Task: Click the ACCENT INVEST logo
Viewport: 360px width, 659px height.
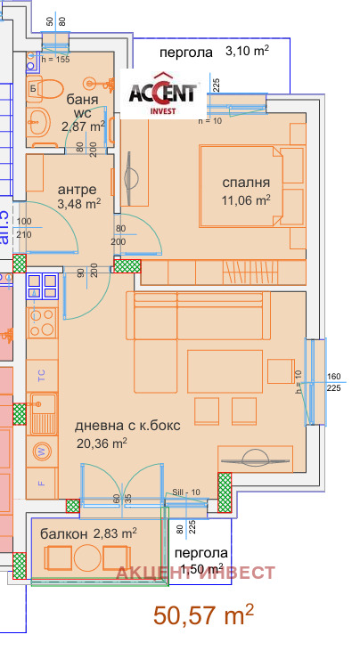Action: (164, 93)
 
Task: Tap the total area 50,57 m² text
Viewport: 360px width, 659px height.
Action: (204, 616)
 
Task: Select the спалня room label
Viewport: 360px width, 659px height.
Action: (245, 183)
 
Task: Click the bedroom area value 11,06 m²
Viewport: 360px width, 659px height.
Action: (245, 200)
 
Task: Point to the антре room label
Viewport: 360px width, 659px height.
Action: (78, 190)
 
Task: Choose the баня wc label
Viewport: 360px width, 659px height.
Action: (82, 106)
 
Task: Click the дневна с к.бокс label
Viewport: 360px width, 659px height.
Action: (127, 426)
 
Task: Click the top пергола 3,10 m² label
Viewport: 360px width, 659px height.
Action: (213, 53)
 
